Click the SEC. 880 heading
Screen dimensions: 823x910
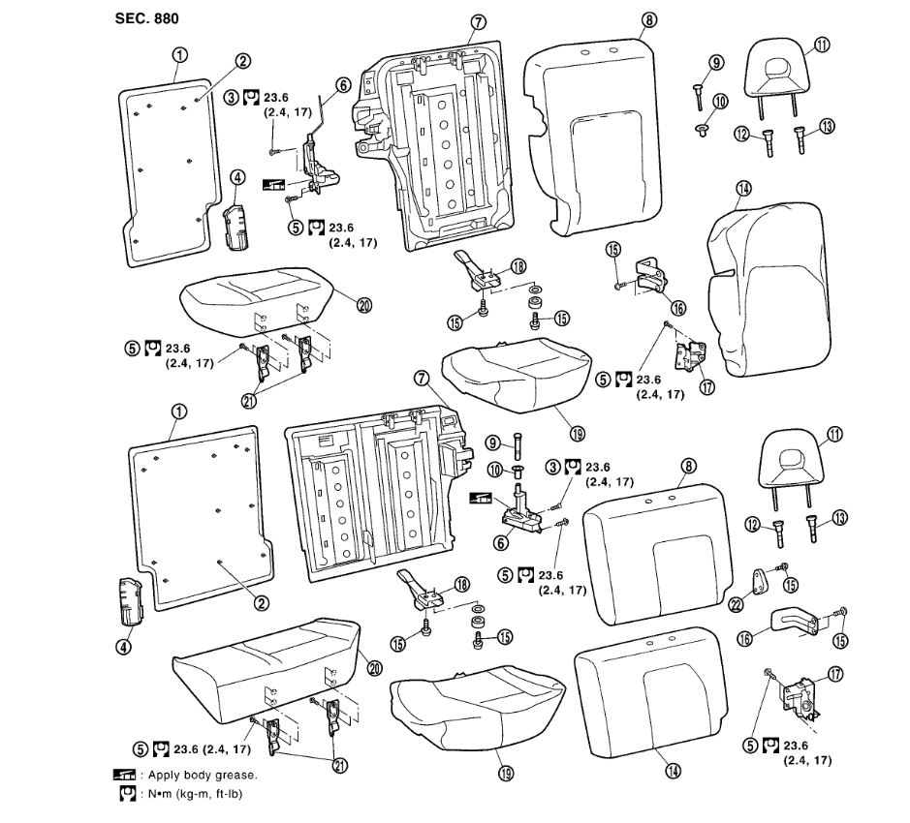click(146, 18)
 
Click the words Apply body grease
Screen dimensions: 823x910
click(203, 776)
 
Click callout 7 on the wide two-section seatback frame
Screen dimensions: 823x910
click(422, 380)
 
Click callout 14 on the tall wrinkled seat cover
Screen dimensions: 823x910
click(743, 190)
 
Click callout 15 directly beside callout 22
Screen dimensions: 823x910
click(790, 584)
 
